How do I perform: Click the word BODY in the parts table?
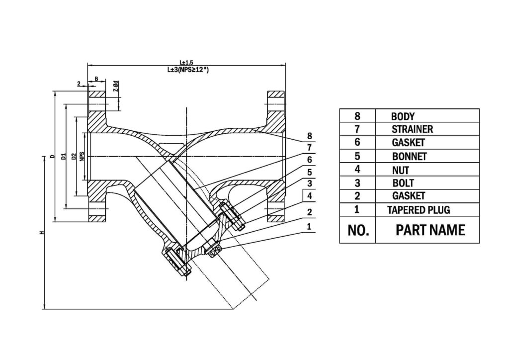coord(403,116)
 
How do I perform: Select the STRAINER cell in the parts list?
coord(412,129)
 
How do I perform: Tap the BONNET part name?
coord(409,156)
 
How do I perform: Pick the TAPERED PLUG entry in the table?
coord(419,210)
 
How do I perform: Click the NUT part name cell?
coord(401,170)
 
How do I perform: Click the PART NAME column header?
coord(430,230)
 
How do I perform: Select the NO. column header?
coord(356,230)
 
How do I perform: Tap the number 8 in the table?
coord(357,116)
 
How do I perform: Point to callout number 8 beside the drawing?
coord(309,136)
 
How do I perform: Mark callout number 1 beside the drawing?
coord(309,226)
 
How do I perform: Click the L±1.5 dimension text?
coord(186,62)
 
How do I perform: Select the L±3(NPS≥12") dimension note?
coord(187,70)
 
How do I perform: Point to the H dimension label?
coord(43,232)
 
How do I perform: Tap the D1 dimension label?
coord(64,157)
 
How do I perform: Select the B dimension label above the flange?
coord(96,79)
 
